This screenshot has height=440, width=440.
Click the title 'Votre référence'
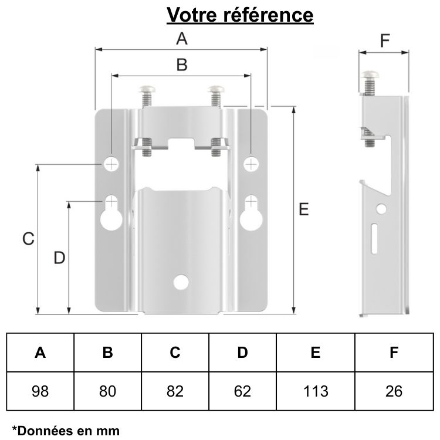[x=240, y=15]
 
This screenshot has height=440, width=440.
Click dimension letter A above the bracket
[x=182, y=39]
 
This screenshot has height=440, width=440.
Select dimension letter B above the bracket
[x=182, y=65]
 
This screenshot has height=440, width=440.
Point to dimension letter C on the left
[x=28, y=239]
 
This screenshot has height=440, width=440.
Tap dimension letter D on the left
[x=59, y=258]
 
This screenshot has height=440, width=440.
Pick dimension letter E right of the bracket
[x=303, y=209]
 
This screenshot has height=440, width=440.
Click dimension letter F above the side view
[x=384, y=40]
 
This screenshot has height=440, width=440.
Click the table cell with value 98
[x=40, y=391]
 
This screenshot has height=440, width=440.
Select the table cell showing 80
[x=107, y=391]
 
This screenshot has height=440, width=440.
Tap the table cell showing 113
[x=316, y=391]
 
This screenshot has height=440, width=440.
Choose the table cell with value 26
[x=394, y=391]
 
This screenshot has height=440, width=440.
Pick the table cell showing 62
[x=242, y=391]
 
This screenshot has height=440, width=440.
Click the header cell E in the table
[x=316, y=353]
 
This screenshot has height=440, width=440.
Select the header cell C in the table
[x=175, y=353]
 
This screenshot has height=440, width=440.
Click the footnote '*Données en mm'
[x=66, y=431]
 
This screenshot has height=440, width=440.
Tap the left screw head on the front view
[x=147, y=90]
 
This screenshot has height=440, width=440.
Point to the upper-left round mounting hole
[x=111, y=163]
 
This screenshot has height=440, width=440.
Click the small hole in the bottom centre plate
[x=182, y=282]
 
